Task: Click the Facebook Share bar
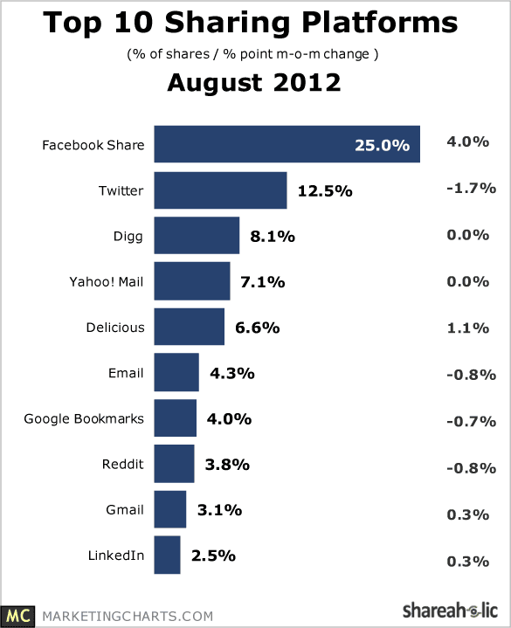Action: pos(287,144)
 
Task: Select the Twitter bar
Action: pos(221,190)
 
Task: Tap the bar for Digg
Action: pos(197,236)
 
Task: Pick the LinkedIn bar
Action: pos(167,555)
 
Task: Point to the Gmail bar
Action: pos(170,509)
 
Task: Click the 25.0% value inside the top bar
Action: pos(382,145)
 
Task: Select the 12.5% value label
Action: pos(325,191)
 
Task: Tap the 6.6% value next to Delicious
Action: pos(257,328)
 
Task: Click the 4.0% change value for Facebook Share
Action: pos(467,141)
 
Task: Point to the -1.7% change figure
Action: pos(472,188)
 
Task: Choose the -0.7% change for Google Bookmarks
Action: pos(472,421)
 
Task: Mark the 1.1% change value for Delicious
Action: pos(467,328)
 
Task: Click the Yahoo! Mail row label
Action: pos(106,282)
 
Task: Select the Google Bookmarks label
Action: pos(84,419)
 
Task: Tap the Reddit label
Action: pos(122,464)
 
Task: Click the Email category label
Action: pos(126,373)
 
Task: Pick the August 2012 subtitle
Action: pos(254,82)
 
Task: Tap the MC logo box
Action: pos(17,616)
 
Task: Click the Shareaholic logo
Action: pos(450,611)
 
